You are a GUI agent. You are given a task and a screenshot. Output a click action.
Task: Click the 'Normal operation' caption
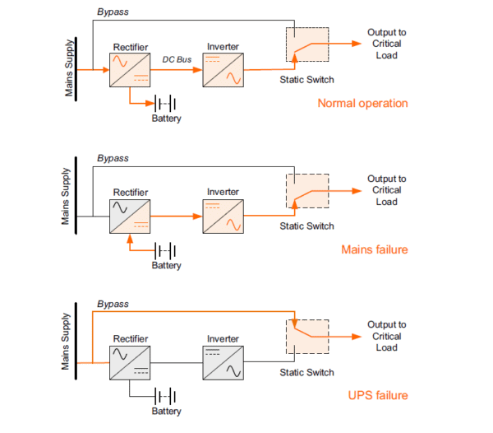click(362, 103)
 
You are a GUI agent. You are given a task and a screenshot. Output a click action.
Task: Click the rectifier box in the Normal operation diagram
click(130, 70)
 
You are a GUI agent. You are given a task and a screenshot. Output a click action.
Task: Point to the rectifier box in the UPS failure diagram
click(130, 362)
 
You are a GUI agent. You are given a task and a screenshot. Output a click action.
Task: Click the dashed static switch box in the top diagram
click(306, 44)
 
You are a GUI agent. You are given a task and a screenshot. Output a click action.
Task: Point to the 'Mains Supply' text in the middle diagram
click(67, 197)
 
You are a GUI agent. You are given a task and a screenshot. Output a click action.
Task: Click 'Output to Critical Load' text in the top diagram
click(385, 44)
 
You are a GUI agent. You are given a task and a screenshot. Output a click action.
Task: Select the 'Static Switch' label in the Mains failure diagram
click(306, 226)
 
